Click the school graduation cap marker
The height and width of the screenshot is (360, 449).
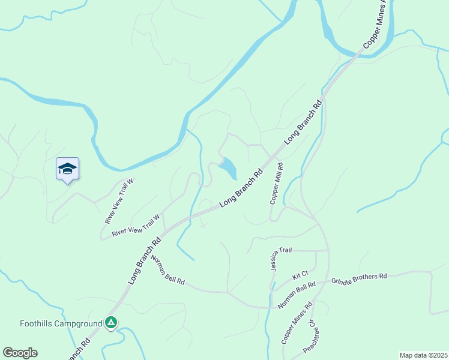[67, 169]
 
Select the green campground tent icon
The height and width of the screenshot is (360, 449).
[111, 323]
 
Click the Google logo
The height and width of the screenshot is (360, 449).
[20, 353]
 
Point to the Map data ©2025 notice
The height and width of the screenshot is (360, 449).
[423, 355]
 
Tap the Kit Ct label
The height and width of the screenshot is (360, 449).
[300, 275]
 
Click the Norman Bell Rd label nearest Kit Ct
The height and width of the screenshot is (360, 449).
[297, 295]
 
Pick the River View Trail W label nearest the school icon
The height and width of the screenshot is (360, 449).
[119, 205]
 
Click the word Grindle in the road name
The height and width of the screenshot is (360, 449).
[343, 280]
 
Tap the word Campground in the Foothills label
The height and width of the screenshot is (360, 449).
[78, 323]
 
